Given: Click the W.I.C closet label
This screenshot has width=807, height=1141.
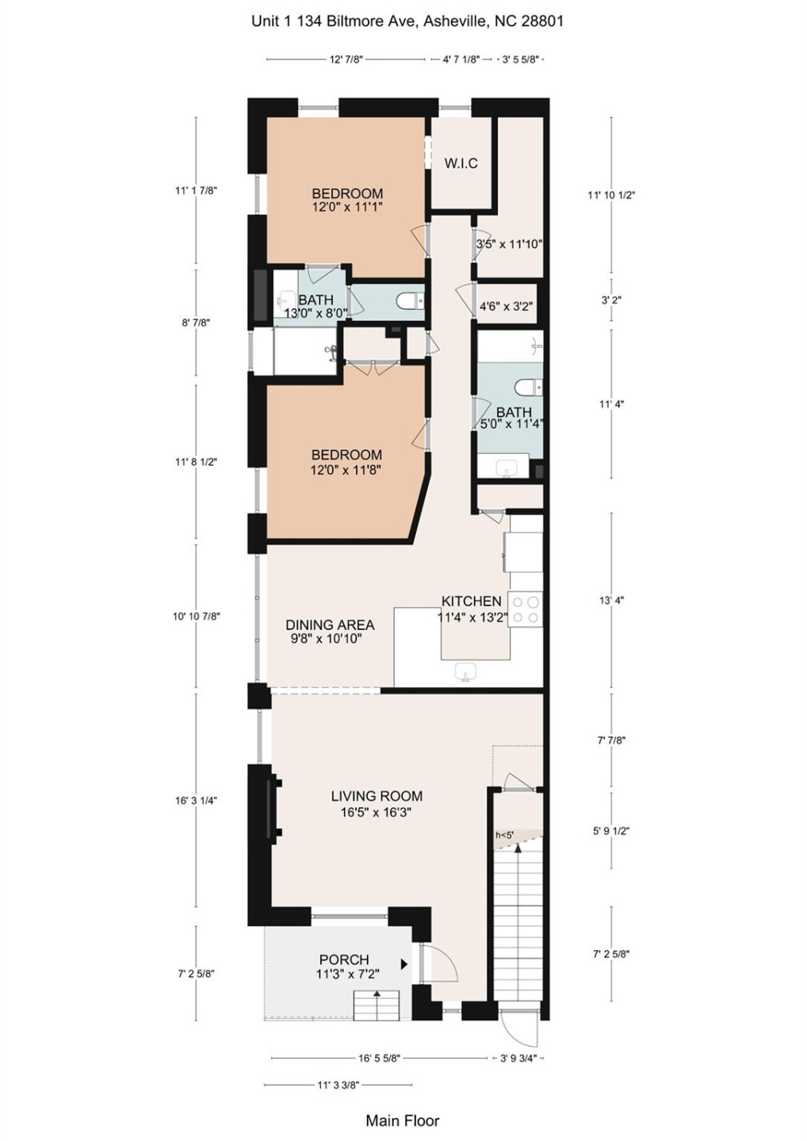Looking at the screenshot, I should (x=461, y=164).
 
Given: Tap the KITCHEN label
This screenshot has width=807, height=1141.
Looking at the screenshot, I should (x=471, y=601).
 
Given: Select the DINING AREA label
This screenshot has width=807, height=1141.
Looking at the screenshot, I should (x=330, y=625).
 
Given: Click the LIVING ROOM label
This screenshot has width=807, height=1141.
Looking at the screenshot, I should (x=377, y=796).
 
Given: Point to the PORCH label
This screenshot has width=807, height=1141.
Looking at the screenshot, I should (x=344, y=960).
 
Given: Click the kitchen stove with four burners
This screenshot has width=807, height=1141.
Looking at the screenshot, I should (x=525, y=609).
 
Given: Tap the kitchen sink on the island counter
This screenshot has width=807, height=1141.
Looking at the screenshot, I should (x=466, y=672).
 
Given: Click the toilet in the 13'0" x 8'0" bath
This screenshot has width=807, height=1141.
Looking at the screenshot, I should (x=411, y=300).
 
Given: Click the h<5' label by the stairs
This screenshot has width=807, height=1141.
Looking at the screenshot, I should (x=504, y=835).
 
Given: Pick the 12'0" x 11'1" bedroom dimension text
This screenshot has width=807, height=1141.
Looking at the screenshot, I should (x=347, y=208).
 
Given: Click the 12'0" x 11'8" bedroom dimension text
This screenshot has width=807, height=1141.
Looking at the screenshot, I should (x=346, y=470).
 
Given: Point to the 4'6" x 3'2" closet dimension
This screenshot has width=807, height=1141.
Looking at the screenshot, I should (x=506, y=307).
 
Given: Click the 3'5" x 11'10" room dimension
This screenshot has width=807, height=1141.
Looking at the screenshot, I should (x=509, y=245).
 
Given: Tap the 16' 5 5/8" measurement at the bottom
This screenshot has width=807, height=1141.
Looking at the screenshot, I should (x=379, y=1058).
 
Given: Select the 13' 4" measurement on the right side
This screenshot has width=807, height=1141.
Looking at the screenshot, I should (x=611, y=601).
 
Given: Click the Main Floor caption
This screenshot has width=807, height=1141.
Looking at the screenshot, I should (x=402, y=1120).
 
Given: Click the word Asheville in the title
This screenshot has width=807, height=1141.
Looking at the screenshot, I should (x=454, y=21).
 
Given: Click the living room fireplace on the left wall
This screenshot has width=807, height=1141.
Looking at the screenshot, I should (x=272, y=808).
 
